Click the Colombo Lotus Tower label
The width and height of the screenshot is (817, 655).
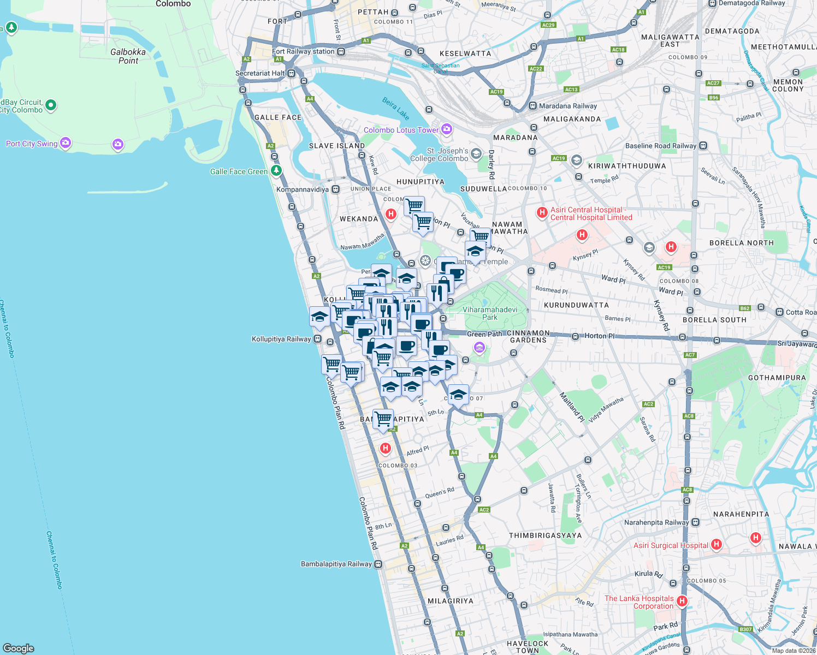click(x=401, y=130)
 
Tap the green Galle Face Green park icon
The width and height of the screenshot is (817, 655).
click(x=276, y=171)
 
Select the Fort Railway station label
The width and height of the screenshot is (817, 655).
click(x=303, y=51)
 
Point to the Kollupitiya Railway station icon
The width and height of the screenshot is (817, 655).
click(x=317, y=339)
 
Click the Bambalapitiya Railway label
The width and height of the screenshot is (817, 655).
click(x=336, y=564)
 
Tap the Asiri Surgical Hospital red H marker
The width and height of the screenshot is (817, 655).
click(x=717, y=544)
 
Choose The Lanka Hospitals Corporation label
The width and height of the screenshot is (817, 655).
click(x=639, y=602)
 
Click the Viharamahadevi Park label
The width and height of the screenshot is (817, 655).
click(x=490, y=313)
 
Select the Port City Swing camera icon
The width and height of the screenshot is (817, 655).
click(x=66, y=143)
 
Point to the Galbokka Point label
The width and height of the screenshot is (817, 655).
click(x=128, y=56)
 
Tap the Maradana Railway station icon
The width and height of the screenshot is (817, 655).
click(x=532, y=106)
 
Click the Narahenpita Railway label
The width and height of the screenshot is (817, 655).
click(x=656, y=522)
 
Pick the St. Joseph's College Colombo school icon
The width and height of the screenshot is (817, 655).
click(x=476, y=154)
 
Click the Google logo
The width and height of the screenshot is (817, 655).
click(x=18, y=648)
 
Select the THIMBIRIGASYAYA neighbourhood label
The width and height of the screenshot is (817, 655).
click(x=545, y=535)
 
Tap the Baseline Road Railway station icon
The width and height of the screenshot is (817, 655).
click(x=703, y=146)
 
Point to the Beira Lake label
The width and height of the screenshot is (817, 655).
click(x=396, y=108)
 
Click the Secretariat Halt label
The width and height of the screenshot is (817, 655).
click(x=260, y=73)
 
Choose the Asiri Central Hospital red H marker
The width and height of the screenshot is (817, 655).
click(x=542, y=212)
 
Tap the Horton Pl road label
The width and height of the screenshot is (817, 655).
click(x=599, y=336)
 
